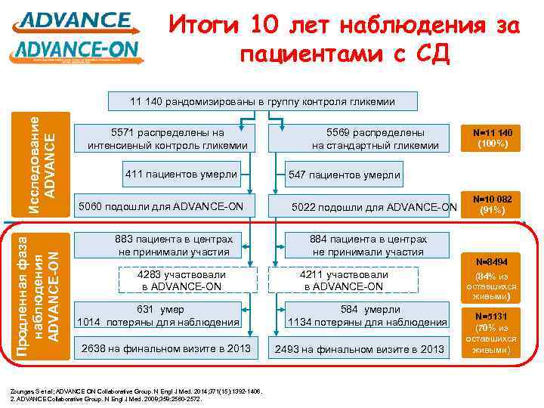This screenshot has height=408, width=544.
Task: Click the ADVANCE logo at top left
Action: coord(76,20)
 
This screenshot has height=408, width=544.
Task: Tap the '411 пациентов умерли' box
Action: coord(181,175)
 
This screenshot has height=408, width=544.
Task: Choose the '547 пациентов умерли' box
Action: coord(344,175)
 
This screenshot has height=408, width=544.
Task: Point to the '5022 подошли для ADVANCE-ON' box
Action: coord(375,207)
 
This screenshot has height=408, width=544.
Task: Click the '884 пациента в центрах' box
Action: coord(368,245)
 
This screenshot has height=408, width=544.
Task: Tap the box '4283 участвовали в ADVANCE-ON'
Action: coord(181,281)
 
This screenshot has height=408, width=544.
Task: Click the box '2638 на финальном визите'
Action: coord(167,349)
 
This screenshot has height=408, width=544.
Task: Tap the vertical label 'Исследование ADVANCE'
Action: coord(42,155)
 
